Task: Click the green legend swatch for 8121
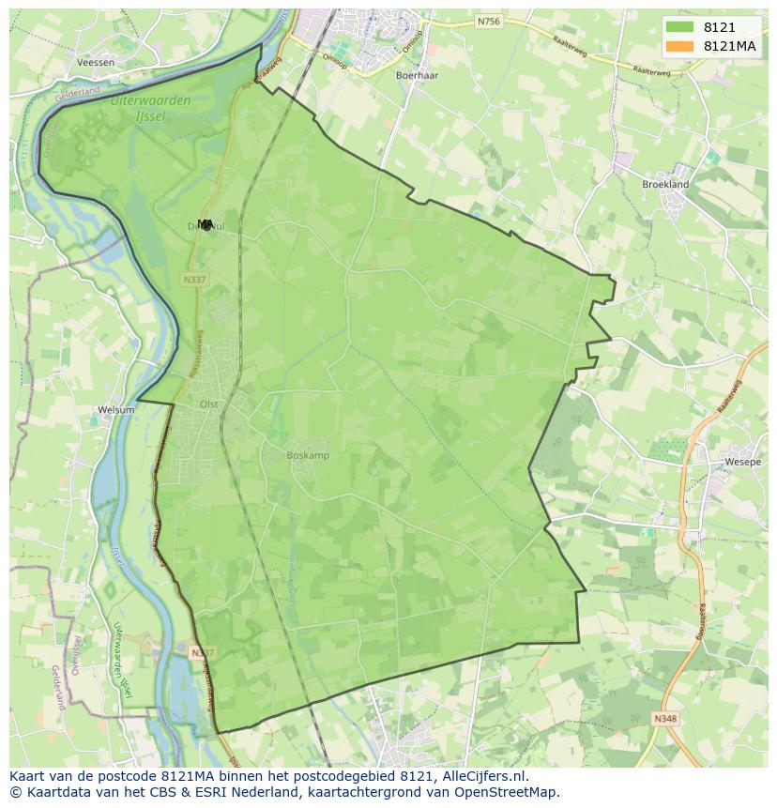pos(679,27)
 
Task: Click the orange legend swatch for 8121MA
pos(679,46)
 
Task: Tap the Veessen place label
pos(96,63)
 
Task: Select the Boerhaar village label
pos(419,74)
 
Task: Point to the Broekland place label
pos(665,185)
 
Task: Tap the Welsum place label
pos(116,410)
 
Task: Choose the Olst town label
pos(208,404)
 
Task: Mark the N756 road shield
pos(488,21)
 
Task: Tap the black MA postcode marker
pos(206,224)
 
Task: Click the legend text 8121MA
pos(730,46)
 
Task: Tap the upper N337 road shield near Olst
pos(194,279)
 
